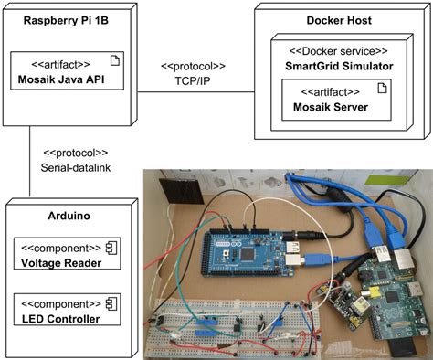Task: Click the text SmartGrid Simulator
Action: tap(340, 65)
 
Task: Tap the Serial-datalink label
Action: tap(76, 167)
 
